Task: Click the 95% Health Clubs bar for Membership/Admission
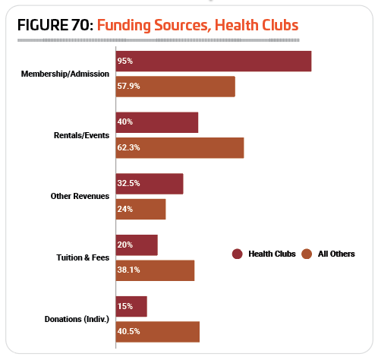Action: (x=214, y=62)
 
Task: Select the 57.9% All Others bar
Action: (x=175, y=87)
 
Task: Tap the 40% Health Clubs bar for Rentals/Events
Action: (x=157, y=122)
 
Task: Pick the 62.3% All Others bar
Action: (x=180, y=148)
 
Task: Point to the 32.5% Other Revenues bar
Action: (x=150, y=184)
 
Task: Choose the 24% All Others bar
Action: (x=141, y=210)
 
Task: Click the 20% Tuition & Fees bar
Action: (x=137, y=245)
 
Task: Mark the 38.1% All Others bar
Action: (x=156, y=270)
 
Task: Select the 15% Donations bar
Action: (x=131, y=307)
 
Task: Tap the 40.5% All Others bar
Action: (x=158, y=332)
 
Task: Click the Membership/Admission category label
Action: (x=65, y=74)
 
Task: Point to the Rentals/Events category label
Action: (x=81, y=135)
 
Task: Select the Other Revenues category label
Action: (x=80, y=196)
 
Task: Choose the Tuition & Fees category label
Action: (x=83, y=257)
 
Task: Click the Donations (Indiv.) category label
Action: (x=77, y=319)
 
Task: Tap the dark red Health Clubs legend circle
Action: (x=238, y=254)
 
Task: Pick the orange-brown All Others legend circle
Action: (x=307, y=254)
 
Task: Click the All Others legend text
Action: (x=336, y=254)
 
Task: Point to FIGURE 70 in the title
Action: (x=55, y=25)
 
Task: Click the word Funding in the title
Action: (x=124, y=26)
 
